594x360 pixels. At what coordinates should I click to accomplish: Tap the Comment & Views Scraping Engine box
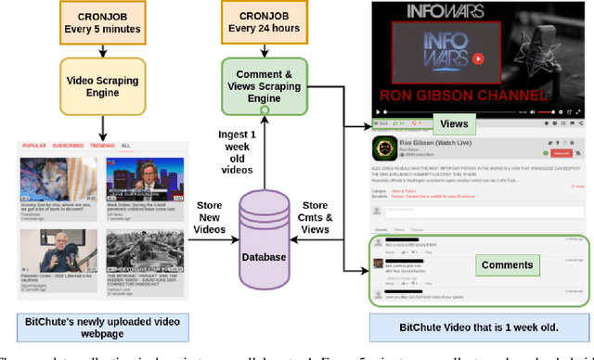pyautogui.click(x=263, y=86)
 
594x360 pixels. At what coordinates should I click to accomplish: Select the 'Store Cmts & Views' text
pyautogui.click(x=316, y=217)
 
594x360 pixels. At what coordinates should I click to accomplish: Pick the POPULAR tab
pyautogui.click(x=34, y=146)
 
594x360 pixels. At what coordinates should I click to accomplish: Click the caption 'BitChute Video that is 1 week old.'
pyautogui.click(x=478, y=328)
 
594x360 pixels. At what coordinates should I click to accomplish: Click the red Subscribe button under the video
pyautogui.click(x=560, y=152)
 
